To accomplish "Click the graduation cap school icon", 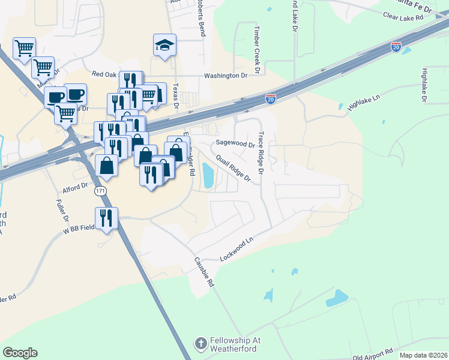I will (x=164, y=46).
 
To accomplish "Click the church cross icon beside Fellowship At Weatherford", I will (x=200, y=344).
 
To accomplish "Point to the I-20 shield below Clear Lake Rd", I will (x=396, y=47).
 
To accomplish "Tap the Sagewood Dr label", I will (x=236, y=144).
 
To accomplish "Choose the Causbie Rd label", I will (x=204, y=272).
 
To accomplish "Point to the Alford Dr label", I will (x=75, y=189).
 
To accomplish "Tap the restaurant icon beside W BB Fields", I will (x=106, y=218).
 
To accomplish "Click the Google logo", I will (x=20, y=353).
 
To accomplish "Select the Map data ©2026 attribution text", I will (x=423, y=355).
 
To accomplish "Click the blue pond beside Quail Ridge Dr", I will (x=208, y=176).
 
